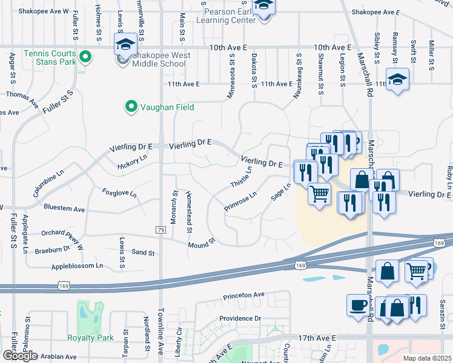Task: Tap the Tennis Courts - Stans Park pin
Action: pos(85,58)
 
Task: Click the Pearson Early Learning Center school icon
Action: pos(263,7)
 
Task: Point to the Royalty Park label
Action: pos(91,338)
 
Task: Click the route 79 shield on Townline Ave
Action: pos(160,230)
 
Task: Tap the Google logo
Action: pos(20,356)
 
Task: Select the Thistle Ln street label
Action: pos(240,175)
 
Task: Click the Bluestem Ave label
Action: pos(64,208)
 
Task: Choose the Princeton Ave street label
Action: pos(244,295)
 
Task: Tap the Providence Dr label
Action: pos(240,318)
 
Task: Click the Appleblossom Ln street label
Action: pos(78,266)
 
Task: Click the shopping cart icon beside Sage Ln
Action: pos(319,194)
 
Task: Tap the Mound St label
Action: pos(202,243)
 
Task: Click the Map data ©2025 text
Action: pos(428,358)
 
